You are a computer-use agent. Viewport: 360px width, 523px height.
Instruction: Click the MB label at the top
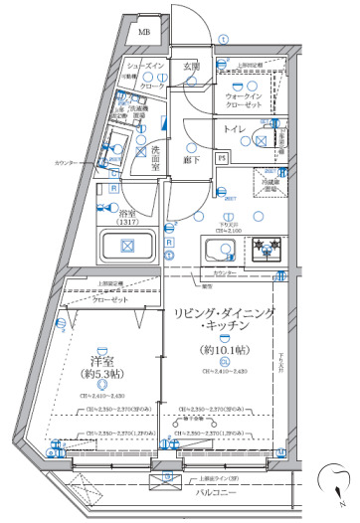pyautogui.click(x=145, y=32)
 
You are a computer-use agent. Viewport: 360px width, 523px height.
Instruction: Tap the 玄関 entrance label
pyautogui.click(x=191, y=67)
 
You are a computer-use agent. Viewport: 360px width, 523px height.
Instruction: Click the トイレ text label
pyautogui.click(x=235, y=130)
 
